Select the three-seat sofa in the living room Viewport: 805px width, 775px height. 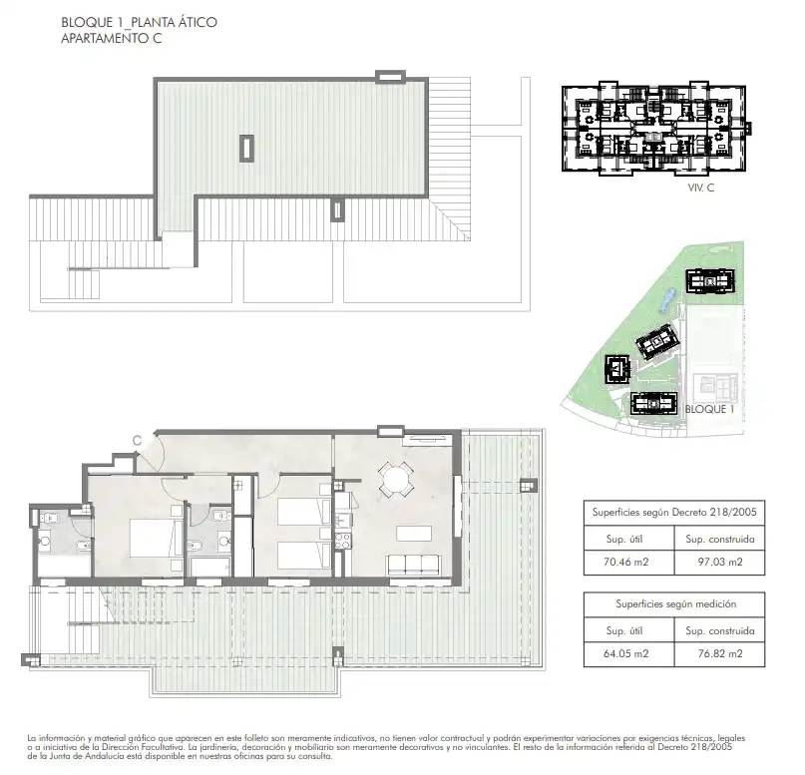tap(414, 566)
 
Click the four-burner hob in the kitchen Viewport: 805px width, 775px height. tap(342, 541)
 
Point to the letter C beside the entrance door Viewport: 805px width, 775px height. tap(137, 441)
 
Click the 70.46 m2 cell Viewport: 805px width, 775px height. tap(626, 562)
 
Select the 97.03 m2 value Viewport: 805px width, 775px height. tap(720, 562)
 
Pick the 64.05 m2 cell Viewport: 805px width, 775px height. tap(626, 654)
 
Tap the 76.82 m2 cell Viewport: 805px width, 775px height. tap(720, 654)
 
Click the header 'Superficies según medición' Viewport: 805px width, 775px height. tap(675, 604)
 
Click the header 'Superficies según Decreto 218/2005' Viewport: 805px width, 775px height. tap(674, 513)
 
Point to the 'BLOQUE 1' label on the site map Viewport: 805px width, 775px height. tap(709, 409)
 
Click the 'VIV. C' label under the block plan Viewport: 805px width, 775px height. tap(701, 188)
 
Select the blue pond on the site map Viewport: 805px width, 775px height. tap(666, 300)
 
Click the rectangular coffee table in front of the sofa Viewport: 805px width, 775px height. tap(414, 533)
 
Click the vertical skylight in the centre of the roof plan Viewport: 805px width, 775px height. tap(247, 149)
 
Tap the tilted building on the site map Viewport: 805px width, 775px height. tap(658, 343)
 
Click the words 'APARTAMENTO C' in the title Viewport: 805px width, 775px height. tap(112, 39)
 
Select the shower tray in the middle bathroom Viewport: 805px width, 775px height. tap(210, 567)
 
